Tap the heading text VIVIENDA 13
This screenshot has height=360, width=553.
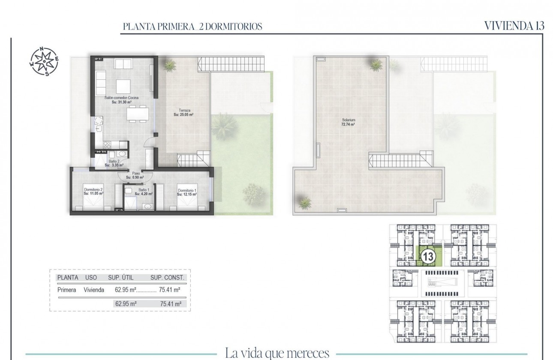tap(514, 26)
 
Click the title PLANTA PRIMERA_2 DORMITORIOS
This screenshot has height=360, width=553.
tap(192, 27)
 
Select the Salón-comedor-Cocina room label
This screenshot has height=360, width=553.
tap(121, 98)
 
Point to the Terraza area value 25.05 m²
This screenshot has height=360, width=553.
tap(184, 114)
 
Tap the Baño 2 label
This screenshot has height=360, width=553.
tap(114, 161)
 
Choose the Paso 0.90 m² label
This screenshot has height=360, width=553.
tap(135, 175)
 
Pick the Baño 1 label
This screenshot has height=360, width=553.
tap(144, 191)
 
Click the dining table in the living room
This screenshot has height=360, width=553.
tap(138, 114)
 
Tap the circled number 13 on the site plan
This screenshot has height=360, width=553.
tap(427, 256)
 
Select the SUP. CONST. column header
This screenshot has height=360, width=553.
tap(167, 278)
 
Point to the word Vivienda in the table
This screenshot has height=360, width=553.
tap(94, 290)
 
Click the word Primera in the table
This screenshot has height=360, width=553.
tap(66, 290)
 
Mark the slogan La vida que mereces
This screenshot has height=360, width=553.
tap(277, 354)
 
